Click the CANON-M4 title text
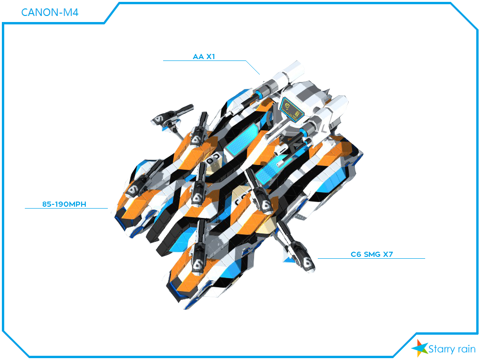[50, 12]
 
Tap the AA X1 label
[204, 57]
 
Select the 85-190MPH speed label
[64, 204]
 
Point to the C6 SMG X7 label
[372, 255]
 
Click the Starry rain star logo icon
[420, 348]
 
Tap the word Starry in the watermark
[442, 349]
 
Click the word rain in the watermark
[466, 349]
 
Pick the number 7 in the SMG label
[390, 255]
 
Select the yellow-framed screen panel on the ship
[292, 109]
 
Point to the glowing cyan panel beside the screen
[242, 139]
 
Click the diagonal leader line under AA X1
[253, 67]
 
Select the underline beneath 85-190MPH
[66, 209]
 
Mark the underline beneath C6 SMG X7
[371, 258]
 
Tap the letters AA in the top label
[198, 57]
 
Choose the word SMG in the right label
[372, 255]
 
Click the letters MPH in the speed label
[77, 204]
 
